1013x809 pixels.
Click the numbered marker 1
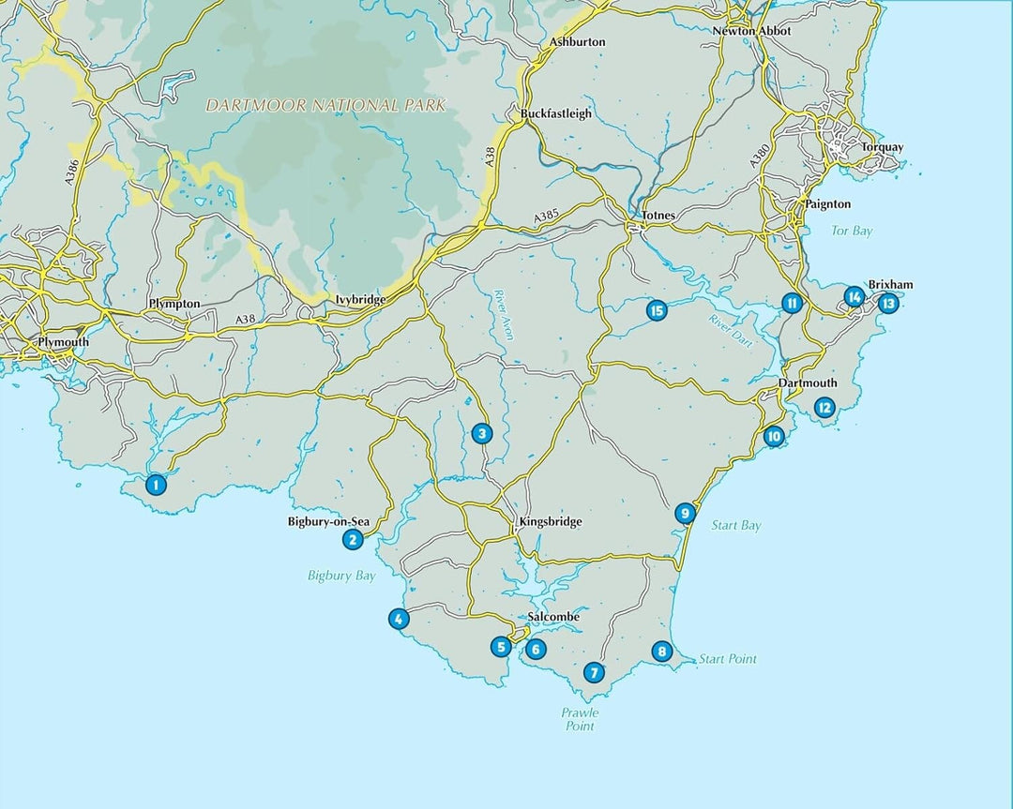[x=155, y=485]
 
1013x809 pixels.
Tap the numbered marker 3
[x=481, y=433]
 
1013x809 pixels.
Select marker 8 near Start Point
[x=661, y=652]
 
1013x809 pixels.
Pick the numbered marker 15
[x=656, y=310]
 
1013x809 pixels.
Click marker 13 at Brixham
[x=887, y=303]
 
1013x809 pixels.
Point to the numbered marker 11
[x=792, y=303]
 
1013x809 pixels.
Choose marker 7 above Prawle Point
[x=593, y=672]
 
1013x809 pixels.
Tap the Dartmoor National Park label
[x=325, y=106]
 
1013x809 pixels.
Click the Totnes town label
[x=658, y=216]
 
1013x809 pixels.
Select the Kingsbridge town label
[x=550, y=521]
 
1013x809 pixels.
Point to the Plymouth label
[x=63, y=342]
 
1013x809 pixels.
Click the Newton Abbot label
[x=751, y=31]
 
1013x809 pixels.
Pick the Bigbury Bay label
[x=341, y=576]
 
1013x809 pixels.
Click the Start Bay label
[x=736, y=526]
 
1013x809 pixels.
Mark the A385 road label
[x=547, y=217]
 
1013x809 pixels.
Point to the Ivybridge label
[x=360, y=300]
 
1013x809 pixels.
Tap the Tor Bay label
[x=852, y=231]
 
